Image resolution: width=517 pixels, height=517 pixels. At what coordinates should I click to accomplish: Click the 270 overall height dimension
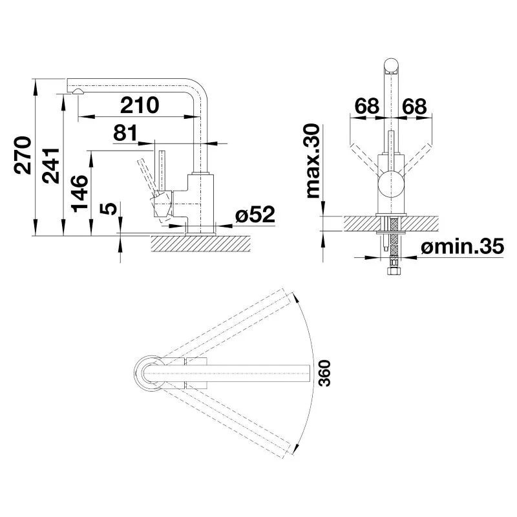pyautogui.click(x=23, y=156)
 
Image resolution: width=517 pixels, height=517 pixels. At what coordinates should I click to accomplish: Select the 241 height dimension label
pyautogui.click(x=52, y=165)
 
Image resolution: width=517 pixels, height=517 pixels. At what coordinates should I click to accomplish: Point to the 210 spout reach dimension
pyautogui.click(x=140, y=105)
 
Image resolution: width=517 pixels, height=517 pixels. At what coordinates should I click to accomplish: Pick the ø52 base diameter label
pyautogui.click(x=255, y=215)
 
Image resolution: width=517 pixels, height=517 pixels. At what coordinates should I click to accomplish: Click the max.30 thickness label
pyautogui.click(x=313, y=160)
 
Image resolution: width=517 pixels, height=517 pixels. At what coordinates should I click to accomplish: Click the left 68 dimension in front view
pyautogui.click(x=366, y=106)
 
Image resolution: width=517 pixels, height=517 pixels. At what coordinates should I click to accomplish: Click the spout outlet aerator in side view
pyautogui.click(x=78, y=92)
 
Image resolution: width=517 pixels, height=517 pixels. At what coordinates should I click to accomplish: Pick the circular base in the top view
pyautogui.click(x=148, y=372)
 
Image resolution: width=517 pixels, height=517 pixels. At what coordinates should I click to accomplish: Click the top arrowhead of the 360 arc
pyautogui.click(x=294, y=298)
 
